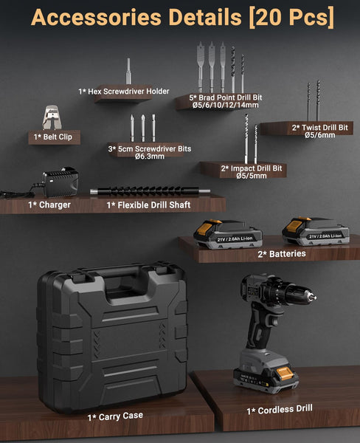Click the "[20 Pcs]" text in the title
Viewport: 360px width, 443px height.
[290, 17]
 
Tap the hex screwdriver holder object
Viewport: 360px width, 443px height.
[128, 75]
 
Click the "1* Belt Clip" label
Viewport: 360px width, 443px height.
[55, 137]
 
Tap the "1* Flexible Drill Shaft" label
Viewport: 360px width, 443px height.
[148, 205]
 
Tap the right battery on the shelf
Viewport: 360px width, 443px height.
[316, 230]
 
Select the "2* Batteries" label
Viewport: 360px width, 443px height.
[281, 253]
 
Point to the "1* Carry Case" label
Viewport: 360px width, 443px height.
[114, 416]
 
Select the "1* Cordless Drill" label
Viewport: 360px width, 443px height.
[279, 408]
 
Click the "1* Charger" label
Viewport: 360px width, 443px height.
[49, 205]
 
